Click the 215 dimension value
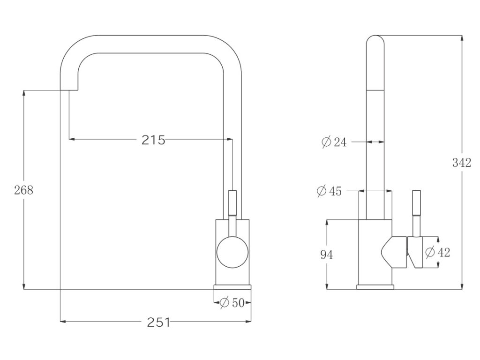(153, 140)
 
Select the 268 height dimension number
(23, 190)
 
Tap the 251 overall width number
(158, 322)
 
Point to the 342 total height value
(462, 163)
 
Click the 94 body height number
(326, 255)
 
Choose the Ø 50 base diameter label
(232, 303)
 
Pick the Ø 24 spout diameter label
(334, 142)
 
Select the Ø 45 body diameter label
(329, 191)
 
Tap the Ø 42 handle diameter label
(438, 252)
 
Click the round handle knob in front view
(232, 252)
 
